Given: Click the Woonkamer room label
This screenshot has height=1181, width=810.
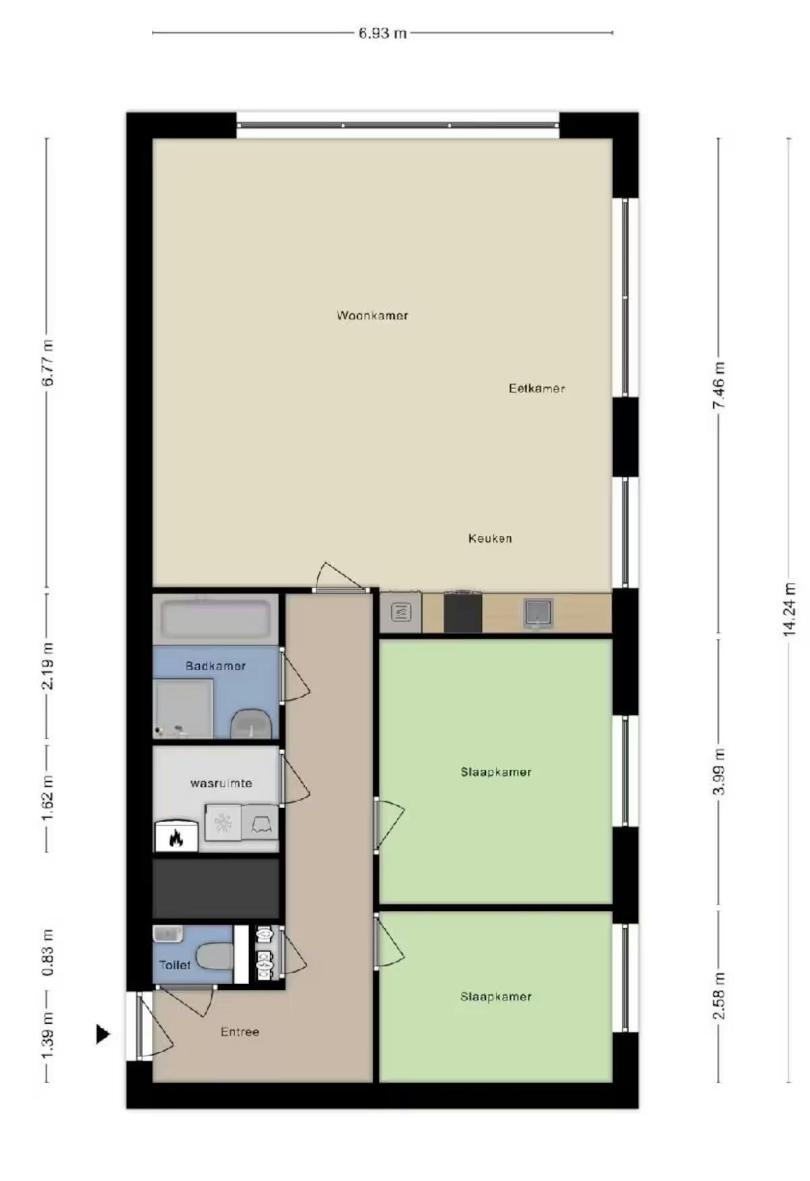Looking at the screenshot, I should (x=372, y=315).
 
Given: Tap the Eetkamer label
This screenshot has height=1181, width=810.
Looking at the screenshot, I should (x=536, y=388).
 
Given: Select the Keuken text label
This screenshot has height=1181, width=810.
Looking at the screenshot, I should (x=489, y=538).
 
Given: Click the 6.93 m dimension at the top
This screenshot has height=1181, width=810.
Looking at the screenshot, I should (x=382, y=33).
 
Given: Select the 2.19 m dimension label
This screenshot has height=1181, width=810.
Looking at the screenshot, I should (x=47, y=666).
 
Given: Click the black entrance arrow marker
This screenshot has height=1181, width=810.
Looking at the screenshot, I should (x=103, y=1033).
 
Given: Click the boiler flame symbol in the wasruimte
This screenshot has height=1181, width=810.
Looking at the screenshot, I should (x=176, y=837).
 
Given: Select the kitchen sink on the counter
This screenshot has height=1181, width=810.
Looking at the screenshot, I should (x=538, y=612).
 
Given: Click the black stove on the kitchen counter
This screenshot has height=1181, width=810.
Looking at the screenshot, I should (x=462, y=612).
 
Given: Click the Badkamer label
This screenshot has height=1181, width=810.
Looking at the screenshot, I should (x=215, y=666).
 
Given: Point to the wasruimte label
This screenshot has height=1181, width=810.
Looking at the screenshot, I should (x=221, y=783).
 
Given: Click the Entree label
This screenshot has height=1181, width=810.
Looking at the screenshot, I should (x=240, y=1031).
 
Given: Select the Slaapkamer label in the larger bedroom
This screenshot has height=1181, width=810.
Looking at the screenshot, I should (x=495, y=772).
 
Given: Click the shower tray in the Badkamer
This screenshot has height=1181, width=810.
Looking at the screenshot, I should (x=182, y=708).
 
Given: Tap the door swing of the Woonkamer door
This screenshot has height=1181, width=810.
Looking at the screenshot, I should (x=337, y=577).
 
